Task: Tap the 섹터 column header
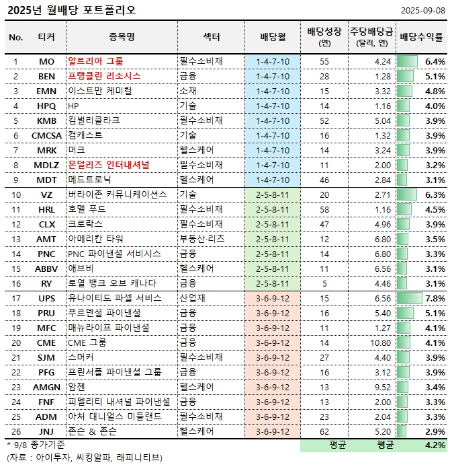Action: [x=211, y=37]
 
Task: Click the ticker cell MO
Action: [x=47, y=61]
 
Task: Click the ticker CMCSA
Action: [x=47, y=135]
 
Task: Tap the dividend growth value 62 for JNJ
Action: [x=324, y=431]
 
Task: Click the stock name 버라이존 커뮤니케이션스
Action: [x=117, y=194]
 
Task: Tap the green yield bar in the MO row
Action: [x=408, y=61]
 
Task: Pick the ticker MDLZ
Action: [x=47, y=165]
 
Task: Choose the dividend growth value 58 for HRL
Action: [x=324, y=209]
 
